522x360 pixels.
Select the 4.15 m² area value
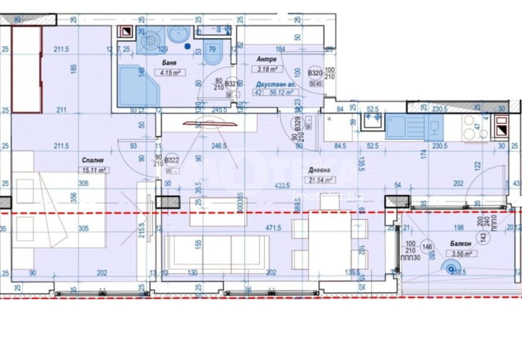(x=171, y=73)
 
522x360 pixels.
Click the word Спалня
(x=91, y=160)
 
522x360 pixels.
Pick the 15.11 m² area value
(x=94, y=170)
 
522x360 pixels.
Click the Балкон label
(x=461, y=244)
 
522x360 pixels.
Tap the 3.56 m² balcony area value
(x=461, y=254)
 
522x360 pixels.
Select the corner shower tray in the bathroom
(x=137, y=87)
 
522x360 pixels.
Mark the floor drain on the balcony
(x=448, y=268)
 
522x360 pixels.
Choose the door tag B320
(x=314, y=74)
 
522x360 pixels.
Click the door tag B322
(x=172, y=161)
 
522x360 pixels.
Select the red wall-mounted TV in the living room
(x=209, y=124)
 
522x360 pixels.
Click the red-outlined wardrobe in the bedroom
(x=27, y=69)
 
